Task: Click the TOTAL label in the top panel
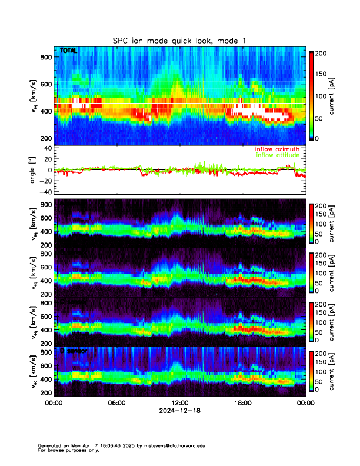(x=68, y=51)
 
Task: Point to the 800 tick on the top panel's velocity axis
(x=46, y=56)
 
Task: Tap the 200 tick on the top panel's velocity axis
(x=46, y=138)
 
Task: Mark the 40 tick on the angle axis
(x=47, y=148)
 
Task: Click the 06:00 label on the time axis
(x=116, y=403)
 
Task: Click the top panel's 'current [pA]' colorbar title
(x=332, y=95)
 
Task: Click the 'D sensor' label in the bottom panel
(x=73, y=351)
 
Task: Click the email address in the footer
(x=176, y=445)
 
